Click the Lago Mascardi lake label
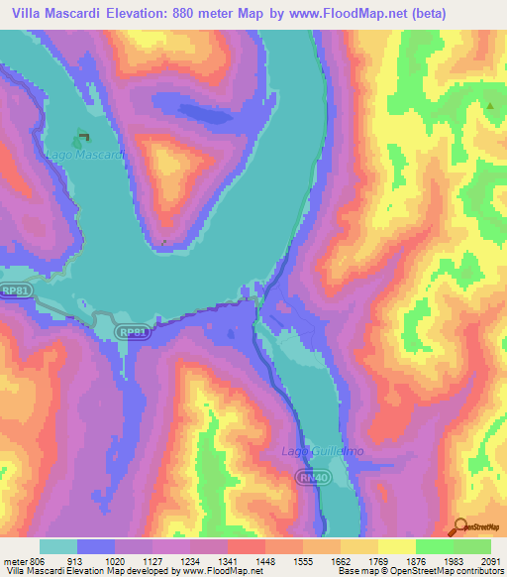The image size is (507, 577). tap(84, 156)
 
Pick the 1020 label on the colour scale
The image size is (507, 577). tap(116, 559)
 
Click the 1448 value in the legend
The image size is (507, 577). tap(263, 559)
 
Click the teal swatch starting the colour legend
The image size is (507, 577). tap(58, 546)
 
